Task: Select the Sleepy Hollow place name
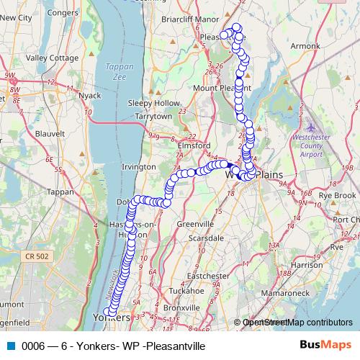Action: [148, 103]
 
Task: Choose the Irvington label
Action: [139, 166]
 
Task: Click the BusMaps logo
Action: [330, 346]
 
